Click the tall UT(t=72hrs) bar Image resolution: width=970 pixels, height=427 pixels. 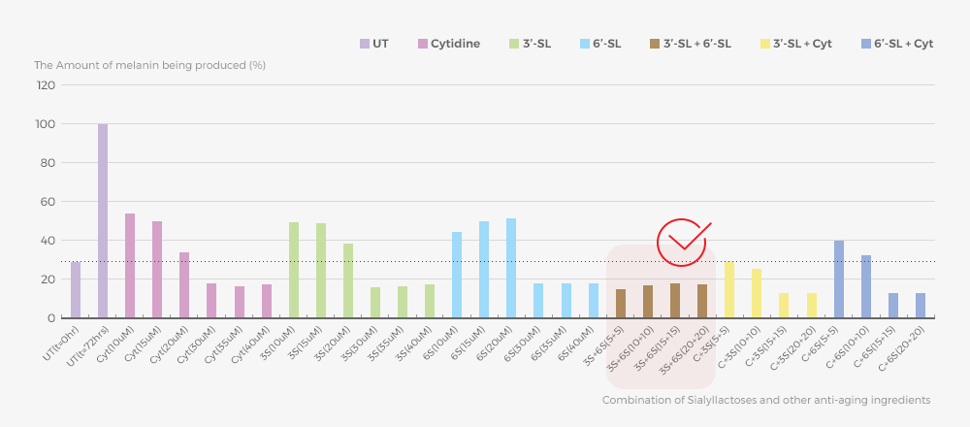(103, 221)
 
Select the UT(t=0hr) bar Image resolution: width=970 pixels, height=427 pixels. (76, 290)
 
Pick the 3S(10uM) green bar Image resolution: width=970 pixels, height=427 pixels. (294, 270)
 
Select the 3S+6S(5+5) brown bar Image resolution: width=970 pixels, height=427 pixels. (621, 304)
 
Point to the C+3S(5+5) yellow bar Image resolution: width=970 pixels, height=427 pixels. (729, 289)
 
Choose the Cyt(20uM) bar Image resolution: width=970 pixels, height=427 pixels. (184, 285)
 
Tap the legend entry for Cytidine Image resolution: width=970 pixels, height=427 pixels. (448, 44)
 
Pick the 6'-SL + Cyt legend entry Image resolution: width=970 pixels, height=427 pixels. (896, 44)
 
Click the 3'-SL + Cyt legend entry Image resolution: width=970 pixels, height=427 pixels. (795, 44)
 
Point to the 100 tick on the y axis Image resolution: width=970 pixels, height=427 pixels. (45, 124)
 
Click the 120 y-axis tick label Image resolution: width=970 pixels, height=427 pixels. (45, 85)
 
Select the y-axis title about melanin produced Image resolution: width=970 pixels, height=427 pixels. (149, 65)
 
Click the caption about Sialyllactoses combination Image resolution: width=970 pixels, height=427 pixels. (766, 400)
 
